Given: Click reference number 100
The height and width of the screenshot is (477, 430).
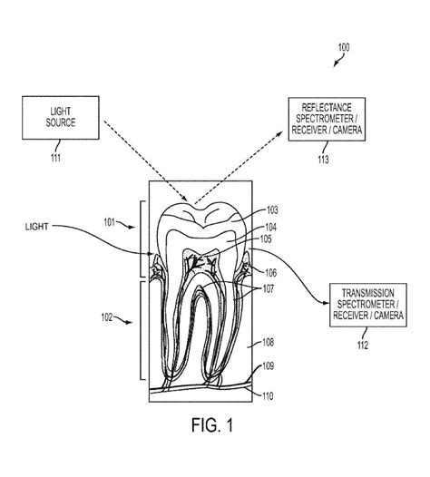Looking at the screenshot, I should tap(342, 47).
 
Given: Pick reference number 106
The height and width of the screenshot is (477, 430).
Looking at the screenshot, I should tap(271, 272).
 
